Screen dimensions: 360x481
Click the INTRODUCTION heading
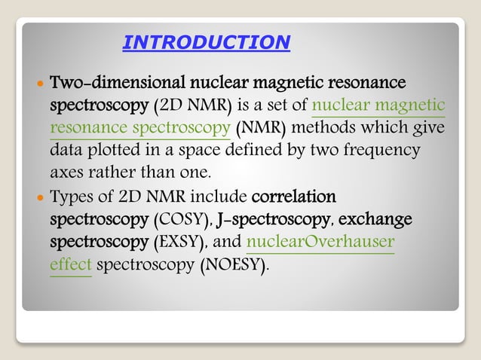click(x=206, y=42)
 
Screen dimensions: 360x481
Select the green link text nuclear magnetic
click(x=378, y=104)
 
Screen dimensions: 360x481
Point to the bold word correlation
click(x=293, y=197)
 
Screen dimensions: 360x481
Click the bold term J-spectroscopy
click(x=274, y=221)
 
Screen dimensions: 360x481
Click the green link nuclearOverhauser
click(x=320, y=243)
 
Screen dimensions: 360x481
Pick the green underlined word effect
click(x=70, y=267)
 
